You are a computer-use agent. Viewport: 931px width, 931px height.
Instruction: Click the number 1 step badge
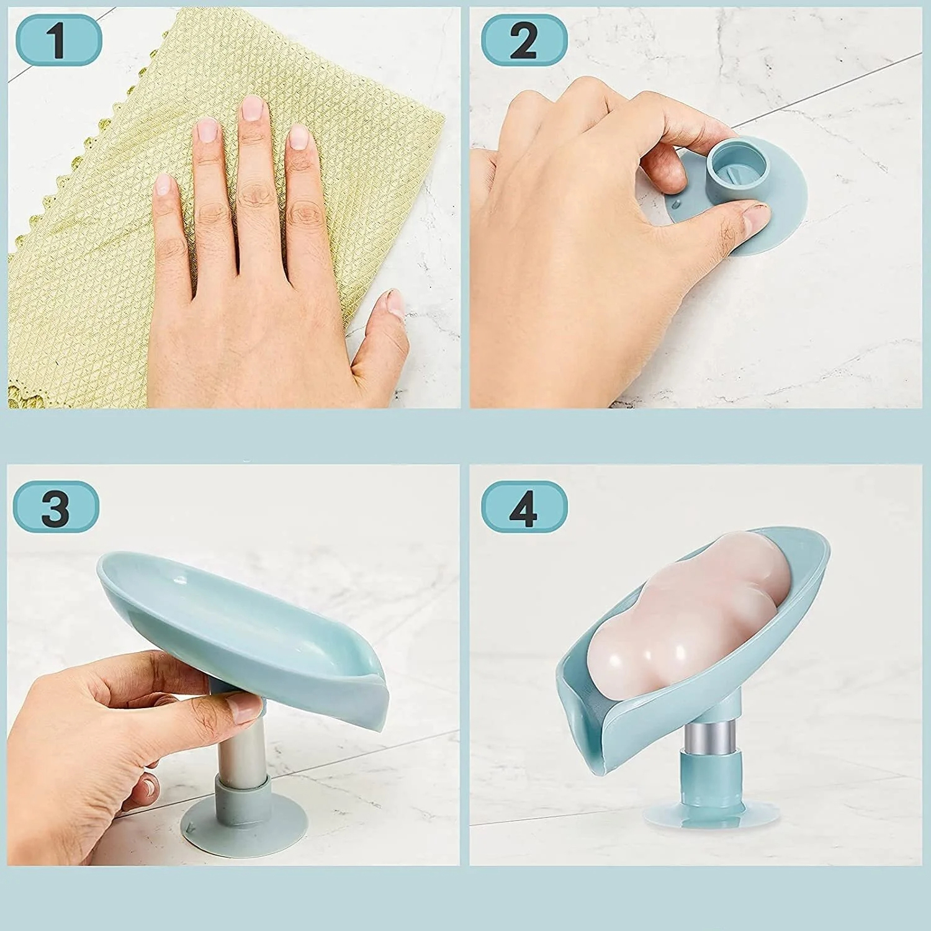[58, 40]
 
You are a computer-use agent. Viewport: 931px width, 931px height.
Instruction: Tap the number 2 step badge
[524, 40]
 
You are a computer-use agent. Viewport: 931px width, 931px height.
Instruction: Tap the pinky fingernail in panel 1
[163, 185]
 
